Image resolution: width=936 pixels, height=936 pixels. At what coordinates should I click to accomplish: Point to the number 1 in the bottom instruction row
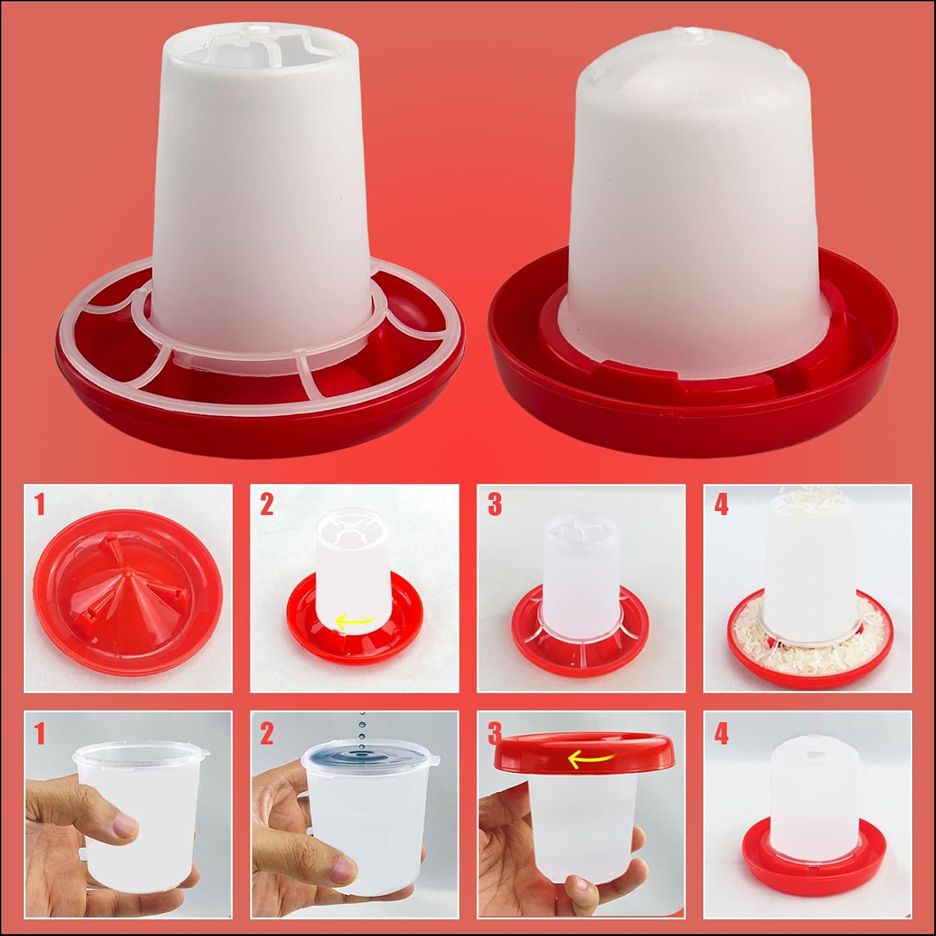40,734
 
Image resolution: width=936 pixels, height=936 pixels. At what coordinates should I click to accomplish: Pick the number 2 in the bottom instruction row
267,734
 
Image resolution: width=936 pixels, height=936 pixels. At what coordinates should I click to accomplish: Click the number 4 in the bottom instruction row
721,734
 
